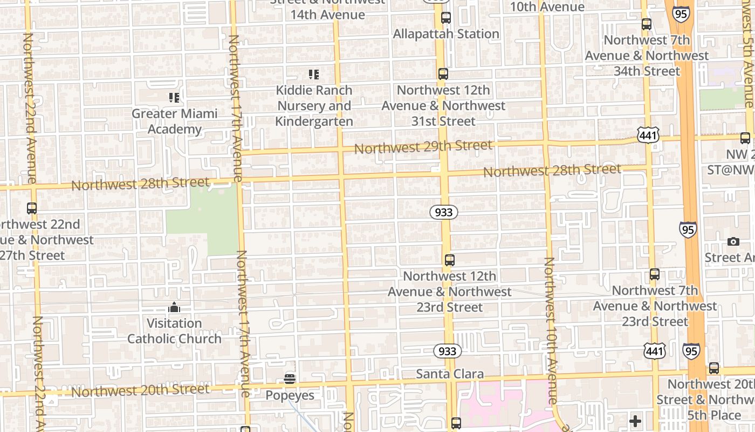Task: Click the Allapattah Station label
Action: click(x=446, y=34)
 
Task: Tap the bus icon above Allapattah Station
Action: click(x=446, y=17)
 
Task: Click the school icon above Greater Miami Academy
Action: click(x=174, y=98)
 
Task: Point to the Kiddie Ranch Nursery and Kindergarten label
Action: click(x=314, y=106)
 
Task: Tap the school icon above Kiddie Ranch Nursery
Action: click(x=313, y=75)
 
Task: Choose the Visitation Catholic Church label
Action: click(x=174, y=331)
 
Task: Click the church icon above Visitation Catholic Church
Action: click(x=174, y=307)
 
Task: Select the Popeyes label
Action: click(x=290, y=395)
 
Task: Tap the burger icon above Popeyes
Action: click(x=290, y=379)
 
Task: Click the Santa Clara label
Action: click(x=450, y=374)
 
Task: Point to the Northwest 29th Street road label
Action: click(x=423, y=146)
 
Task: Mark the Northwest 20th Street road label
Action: click(x=140, y=390)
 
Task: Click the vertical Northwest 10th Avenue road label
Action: click(x=550, y=330)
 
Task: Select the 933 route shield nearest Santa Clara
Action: click(x=447, y=352)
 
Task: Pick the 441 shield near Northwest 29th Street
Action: click(x=647, y=135)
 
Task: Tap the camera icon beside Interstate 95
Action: click(x=733, y=241)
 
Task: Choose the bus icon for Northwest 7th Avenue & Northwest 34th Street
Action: click(x=646, y=24)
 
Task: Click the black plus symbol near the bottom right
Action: click(x=635, y=421)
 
